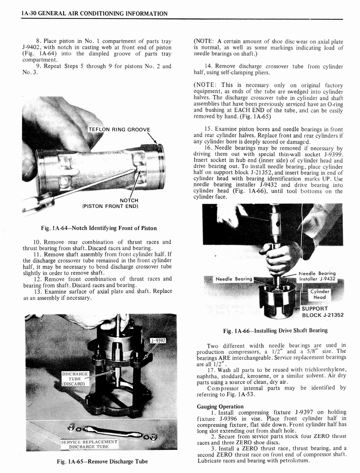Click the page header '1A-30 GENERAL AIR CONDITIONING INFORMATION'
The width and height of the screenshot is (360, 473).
click(95, 13)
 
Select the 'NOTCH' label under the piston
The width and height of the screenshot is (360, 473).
click(129, 200)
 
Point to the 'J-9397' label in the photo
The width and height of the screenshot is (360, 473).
click(158, 341)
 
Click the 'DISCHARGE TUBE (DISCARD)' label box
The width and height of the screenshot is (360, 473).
click(74, 378)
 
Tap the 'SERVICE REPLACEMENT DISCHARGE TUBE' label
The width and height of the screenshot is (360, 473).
click(89, 444)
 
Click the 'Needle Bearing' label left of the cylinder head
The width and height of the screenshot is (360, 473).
click(234, 279)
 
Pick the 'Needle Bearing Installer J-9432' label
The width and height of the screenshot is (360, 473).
click(318, 276)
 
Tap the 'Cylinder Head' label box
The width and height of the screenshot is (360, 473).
click(319, 294)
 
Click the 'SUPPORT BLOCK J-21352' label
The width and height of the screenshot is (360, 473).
click(322, 312)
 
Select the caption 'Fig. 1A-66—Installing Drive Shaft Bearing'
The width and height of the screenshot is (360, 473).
click(275, 330)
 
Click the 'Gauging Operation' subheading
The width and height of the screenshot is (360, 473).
click(220, 406)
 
